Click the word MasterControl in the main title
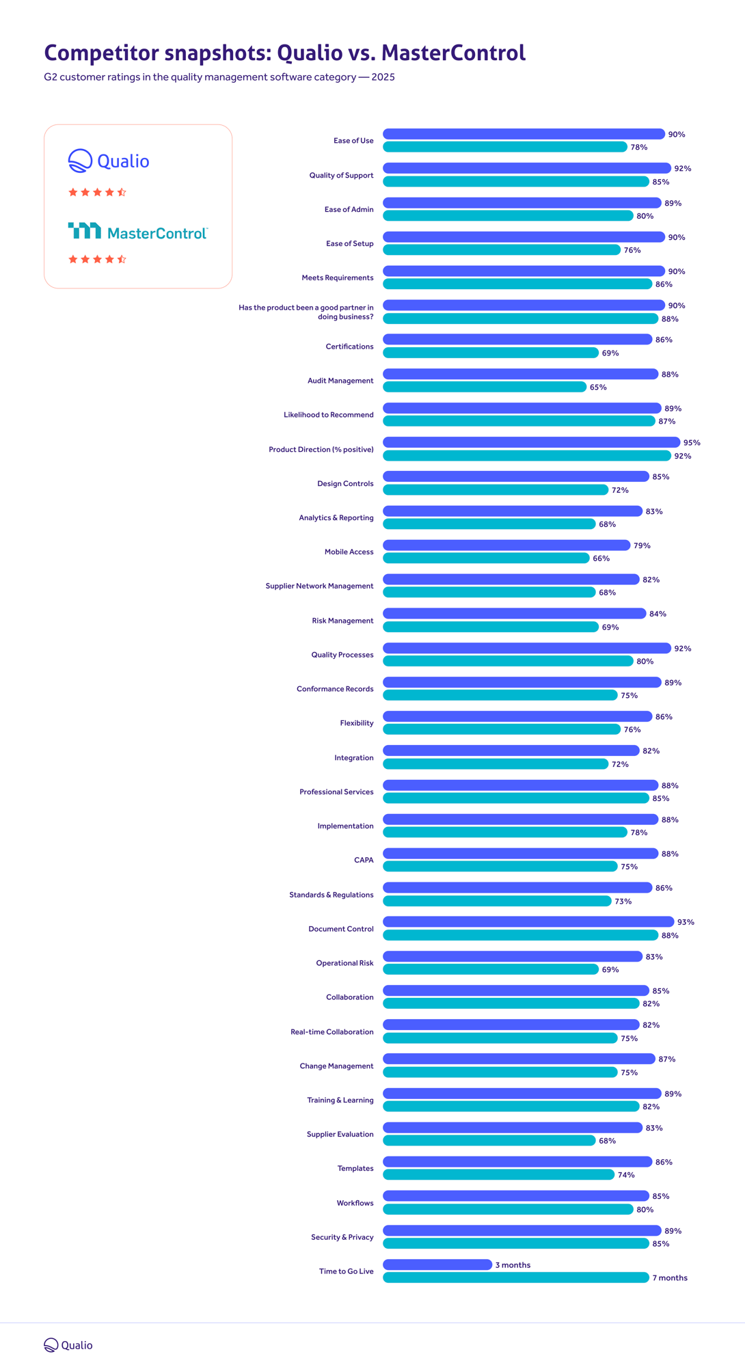pyautogui.click(x=453, y=53)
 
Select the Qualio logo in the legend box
pyautogui.click(x=109, y=161)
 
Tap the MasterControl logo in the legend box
pyautogui.click(x=137, y=232)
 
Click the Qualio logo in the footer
pyautogui.click(x=68, y=1344)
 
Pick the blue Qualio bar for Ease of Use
pyautogui.click(x=524, y=134)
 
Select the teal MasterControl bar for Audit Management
pyautogui.click(x=485, y=387)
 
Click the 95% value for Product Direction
pyautogui.click(x=692, y=443)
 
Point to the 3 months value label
pyautogui.click(x=513, y=1265)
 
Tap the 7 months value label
pyautogui.click(x=670, y=1278)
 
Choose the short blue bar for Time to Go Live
pyautogui.click(x=437, y=1264)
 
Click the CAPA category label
pyautogui.click(x=364, y=860)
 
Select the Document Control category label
pyautogui.click(x=340, y=929)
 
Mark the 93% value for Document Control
pyautogui.click(x=686, y=922)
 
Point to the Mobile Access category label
pyautogui.click(x=349, y=552)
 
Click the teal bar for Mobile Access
pyautogui.click(x=486, y=558)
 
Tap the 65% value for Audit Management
pyautogui.click(x=598, y=388)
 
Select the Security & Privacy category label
pyautogui.click(x=342, y=1237)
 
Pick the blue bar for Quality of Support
pyautogui.click(x=526, y=168)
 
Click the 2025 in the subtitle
pyautogui.click(x=383, y=77)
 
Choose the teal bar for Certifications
pyautogui.click(x=491, y=353)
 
